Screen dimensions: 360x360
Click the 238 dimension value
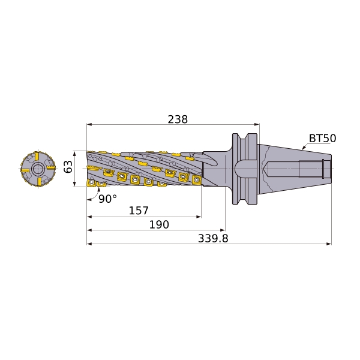coord(178,119)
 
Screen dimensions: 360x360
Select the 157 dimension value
coord(139,211)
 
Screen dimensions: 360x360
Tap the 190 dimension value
coord(159,224)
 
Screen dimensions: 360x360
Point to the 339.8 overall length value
coord(213,238)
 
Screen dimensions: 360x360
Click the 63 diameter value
coord(68,167)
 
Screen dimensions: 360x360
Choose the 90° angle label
coord(107,199)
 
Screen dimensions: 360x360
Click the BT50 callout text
coord(322,138)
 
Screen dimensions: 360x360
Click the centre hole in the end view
coord(38,169)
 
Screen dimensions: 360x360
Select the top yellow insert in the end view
coord(37,157)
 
